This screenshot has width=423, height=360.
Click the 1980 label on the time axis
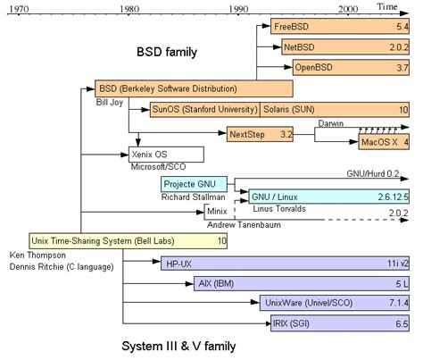129,8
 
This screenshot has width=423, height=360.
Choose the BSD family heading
166,53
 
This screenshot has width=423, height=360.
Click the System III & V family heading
178,344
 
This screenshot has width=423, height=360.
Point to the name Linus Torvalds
270,209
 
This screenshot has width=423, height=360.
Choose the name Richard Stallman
193,197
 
